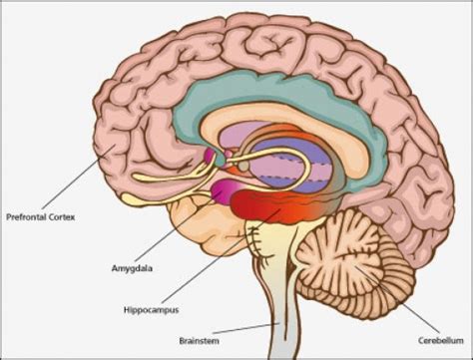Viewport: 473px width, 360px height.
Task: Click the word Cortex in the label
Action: pyautogui.click(x=67, y=213)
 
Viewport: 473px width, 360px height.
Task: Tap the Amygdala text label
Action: pyautogui.click(x=133, y=268)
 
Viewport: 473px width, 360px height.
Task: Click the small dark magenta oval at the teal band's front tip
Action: pyautogui.click(x=213, y=156)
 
